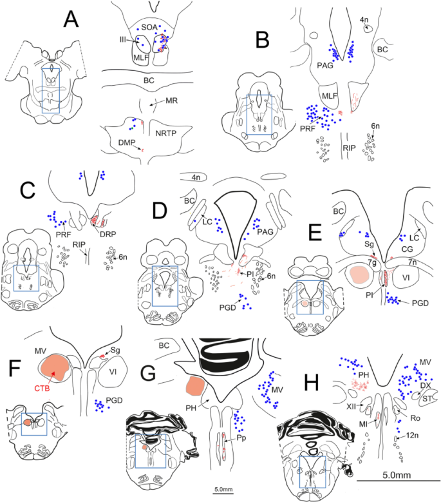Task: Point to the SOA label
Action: [x=150, y=26]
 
